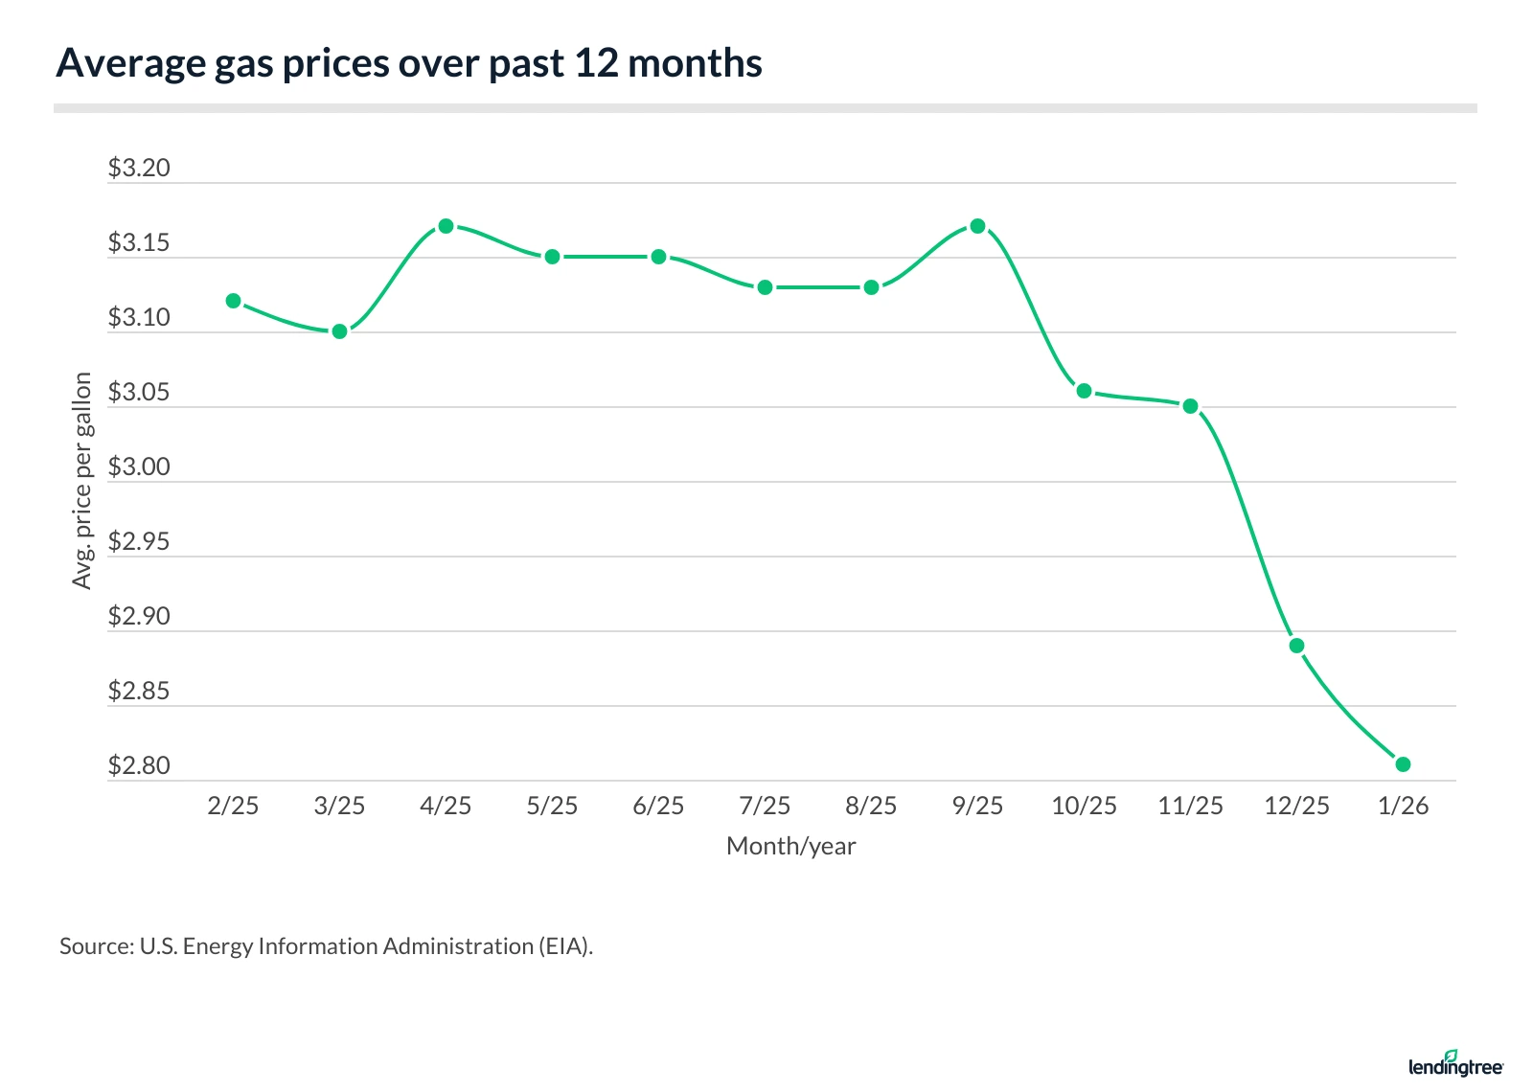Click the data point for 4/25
[x=446, y=226]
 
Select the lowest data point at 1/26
[x=1403, y=764]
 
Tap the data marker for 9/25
[x=977, y=226]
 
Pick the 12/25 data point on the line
[x=1296, y=646]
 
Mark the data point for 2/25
[x=233, y=301]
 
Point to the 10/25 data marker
[x=1084, y=391]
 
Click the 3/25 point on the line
[x=339, y=331]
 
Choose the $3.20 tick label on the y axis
[x=139, y=169]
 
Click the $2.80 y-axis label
[x=139, y=766]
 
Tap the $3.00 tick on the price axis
[x=139, y=467]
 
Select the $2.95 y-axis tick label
[x=139, y=542]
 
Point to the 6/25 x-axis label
[x=658, y=806]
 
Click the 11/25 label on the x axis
[x=1190, y=806]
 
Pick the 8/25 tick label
[x=871, y=806]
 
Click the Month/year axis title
[x=790, y=846]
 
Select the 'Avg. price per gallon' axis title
[x=82, y=481]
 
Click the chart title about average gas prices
[x=409, y=63]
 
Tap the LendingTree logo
[x=1455, y=1064]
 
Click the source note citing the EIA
[x=326, y=946]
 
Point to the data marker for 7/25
[x=765, y=287]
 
